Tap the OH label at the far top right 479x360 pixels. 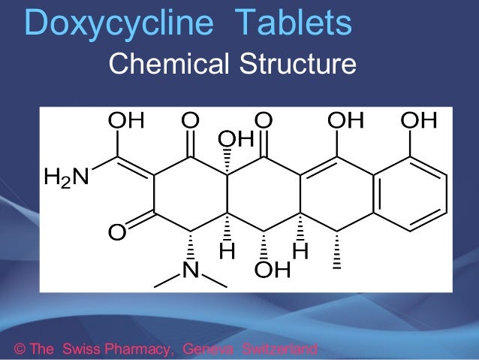point(419,120)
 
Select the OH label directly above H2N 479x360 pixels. point(128,120)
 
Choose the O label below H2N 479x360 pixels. point(116,232)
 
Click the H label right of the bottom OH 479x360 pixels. point(300,254)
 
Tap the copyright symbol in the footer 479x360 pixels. point(20,349)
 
